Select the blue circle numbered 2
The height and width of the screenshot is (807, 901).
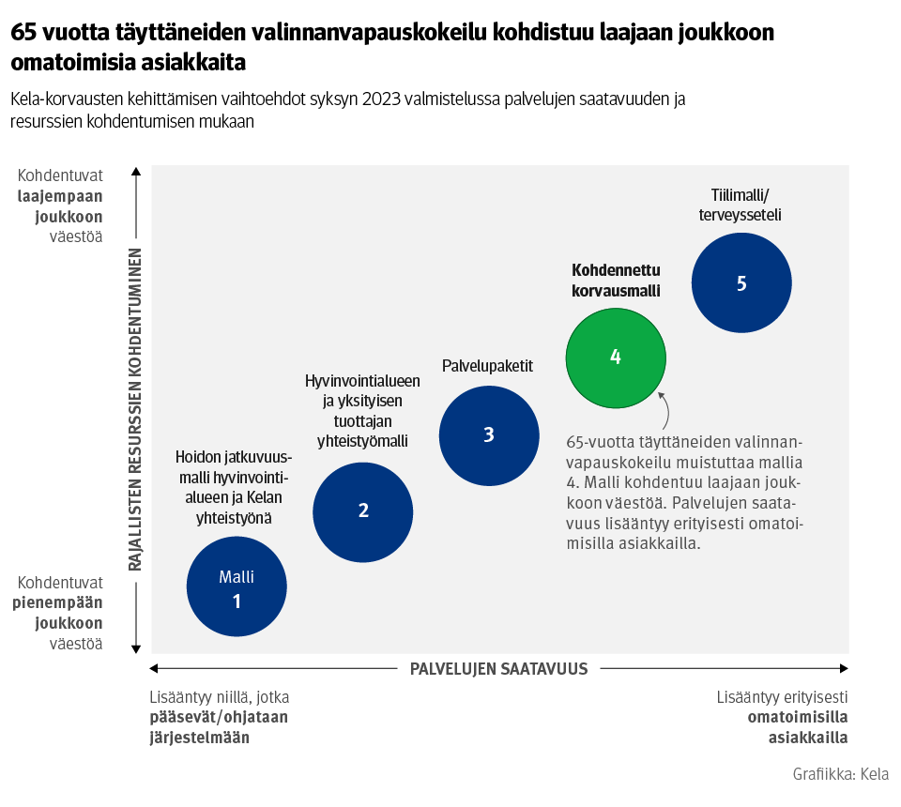(363, 510)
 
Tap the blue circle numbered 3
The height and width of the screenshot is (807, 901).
(489, 434)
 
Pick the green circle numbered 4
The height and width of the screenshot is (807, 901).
(616, 357)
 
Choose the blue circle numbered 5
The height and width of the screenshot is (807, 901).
(741, 283)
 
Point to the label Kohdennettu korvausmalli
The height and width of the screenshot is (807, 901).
(616, 280)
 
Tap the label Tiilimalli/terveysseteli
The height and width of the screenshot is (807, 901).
(740, 205)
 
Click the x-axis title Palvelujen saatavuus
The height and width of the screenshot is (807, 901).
(498, 669)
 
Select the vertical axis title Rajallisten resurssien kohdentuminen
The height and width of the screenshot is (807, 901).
(135, 409)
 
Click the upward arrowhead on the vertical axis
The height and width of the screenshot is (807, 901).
(136, 172)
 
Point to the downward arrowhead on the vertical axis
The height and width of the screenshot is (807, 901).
(136, 647)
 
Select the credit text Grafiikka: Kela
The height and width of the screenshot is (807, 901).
(840, 774)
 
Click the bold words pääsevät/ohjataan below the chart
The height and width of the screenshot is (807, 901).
(218, 717)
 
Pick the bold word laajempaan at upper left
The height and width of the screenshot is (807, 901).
(60, 196)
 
